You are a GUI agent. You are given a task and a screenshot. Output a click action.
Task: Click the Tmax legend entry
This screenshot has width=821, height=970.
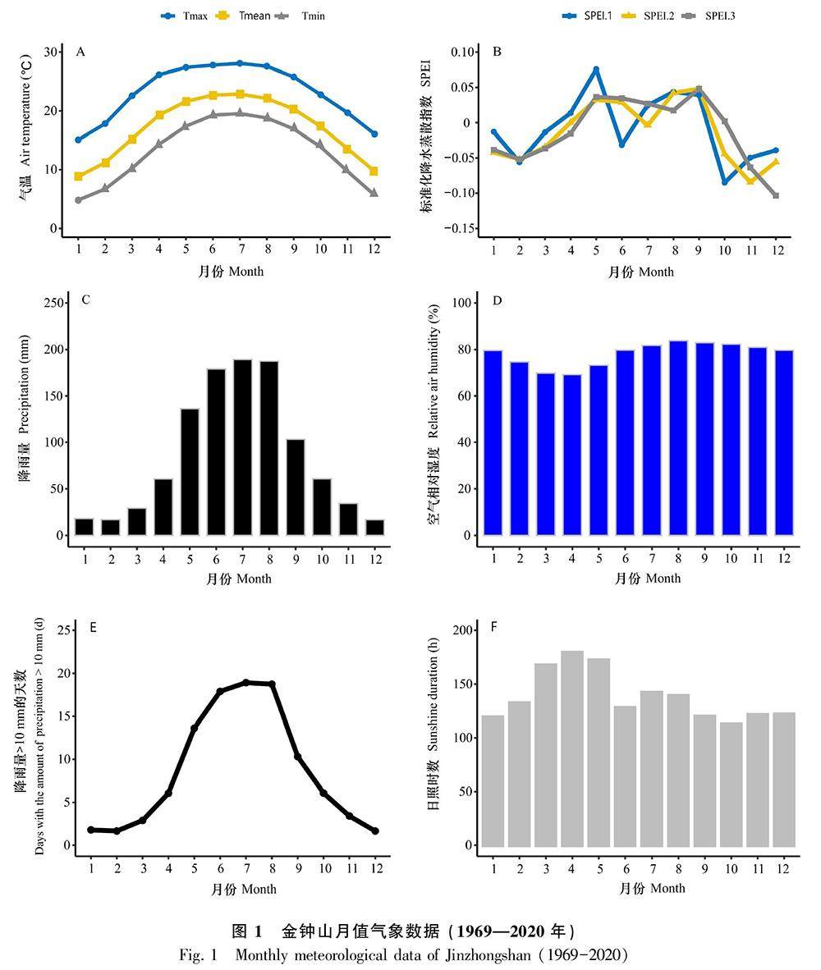click(x=185, y=16)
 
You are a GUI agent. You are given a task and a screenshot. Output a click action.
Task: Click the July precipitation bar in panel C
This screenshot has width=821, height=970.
click(x=242, y=447)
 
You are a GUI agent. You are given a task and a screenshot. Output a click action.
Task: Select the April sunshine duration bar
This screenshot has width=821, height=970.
click(x=572, y=748)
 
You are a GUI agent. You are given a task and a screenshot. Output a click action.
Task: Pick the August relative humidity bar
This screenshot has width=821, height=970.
click(x=678, y=438)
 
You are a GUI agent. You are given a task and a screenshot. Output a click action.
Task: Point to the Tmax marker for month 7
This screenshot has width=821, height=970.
click(x=240, y=63)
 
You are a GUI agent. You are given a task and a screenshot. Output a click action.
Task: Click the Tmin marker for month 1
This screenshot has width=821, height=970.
click(x=79, y=200)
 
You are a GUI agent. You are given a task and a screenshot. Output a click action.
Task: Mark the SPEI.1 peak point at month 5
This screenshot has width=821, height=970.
click(x=596, y=70)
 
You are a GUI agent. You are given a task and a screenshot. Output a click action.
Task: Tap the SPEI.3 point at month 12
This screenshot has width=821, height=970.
click(x=776, y=195)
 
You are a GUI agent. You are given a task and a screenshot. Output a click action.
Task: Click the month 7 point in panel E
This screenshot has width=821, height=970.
click(x=245, y=682)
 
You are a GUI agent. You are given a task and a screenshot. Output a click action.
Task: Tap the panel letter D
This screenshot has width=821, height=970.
click(x=497, y=300)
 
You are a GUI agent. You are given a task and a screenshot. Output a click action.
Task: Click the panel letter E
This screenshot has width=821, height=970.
click(x=93, y=628)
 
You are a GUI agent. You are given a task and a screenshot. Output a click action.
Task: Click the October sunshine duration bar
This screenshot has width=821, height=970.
click(x=730, y=785)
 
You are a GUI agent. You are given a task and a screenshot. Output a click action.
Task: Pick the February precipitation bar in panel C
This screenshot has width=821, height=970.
click(x=110, y=527)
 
